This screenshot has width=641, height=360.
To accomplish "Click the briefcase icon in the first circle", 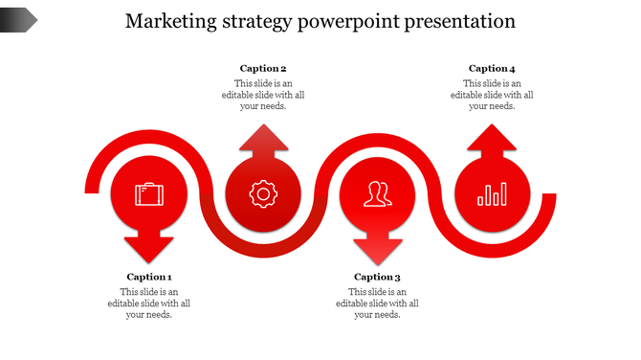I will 149,194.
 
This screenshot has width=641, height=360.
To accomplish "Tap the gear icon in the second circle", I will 262,194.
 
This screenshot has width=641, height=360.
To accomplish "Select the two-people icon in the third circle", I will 378,194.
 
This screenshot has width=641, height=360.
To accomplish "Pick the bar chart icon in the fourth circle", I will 492,195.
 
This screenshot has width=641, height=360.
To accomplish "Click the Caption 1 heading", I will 149,277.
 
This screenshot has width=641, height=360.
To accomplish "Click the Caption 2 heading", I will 263,68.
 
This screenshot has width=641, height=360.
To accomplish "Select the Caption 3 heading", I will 378,277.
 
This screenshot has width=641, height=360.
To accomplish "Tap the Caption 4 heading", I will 492,68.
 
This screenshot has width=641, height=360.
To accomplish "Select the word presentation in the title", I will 470,21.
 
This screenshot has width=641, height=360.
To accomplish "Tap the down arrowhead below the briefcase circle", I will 149,250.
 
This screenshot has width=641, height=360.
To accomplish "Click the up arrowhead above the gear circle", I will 263,140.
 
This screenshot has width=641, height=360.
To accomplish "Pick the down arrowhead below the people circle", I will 378,250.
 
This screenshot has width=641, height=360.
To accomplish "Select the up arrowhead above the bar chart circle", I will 492,139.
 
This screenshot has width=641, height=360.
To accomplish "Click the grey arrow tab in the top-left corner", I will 18,18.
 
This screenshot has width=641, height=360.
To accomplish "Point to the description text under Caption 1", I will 149,304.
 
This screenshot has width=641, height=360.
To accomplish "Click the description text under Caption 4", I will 492,95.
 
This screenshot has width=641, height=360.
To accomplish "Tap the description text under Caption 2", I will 263,95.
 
